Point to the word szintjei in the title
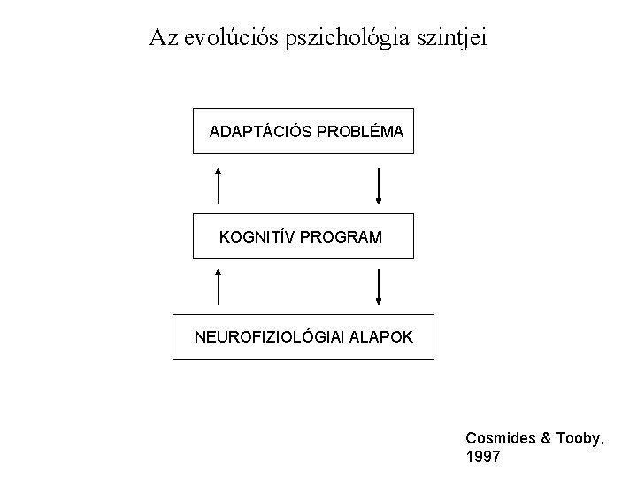click(x=447, y=38)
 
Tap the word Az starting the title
click(x=163, y=37)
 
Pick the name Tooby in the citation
click(x=578, y=438)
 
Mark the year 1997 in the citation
click(x=482, y=458)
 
